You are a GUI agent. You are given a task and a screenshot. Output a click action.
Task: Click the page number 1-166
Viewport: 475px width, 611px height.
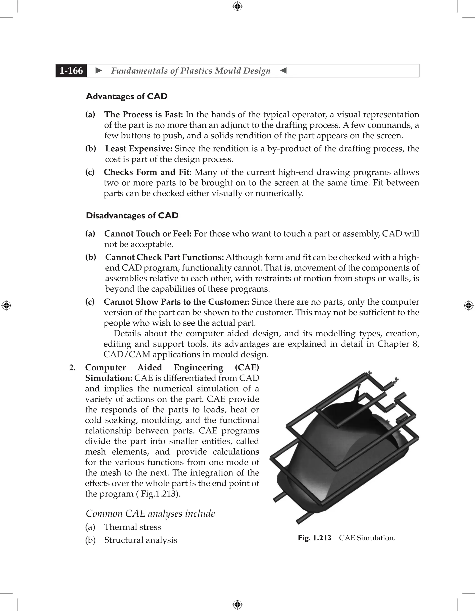[71, 70]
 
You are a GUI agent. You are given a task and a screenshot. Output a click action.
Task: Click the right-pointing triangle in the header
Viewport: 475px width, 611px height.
[99, 70]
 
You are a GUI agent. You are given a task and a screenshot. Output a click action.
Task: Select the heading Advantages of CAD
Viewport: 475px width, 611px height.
[126, 96]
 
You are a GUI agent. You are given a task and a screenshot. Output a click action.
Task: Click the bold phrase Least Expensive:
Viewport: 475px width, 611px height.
[138, 149]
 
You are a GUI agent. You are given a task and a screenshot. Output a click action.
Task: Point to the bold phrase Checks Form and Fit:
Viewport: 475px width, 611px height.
[148, 172]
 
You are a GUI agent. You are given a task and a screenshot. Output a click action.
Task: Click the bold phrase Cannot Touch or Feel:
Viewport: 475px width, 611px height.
[148, 234]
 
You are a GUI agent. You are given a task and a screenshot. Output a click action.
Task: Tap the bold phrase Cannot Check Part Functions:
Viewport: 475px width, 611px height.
[164, 257]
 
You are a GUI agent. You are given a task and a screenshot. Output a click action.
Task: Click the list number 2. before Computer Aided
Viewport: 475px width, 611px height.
[72, 368]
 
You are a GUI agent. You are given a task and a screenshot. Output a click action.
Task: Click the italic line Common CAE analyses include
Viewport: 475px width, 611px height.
[150, 514]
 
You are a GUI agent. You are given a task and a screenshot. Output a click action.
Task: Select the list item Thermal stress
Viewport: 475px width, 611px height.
[133, 527]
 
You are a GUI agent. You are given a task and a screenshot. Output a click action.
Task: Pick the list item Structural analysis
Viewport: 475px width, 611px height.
[141, 540]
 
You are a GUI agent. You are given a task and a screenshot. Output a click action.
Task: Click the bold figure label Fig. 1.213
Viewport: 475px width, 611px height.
[314, 538]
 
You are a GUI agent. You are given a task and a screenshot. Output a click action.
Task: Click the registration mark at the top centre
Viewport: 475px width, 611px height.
[237, 6]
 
